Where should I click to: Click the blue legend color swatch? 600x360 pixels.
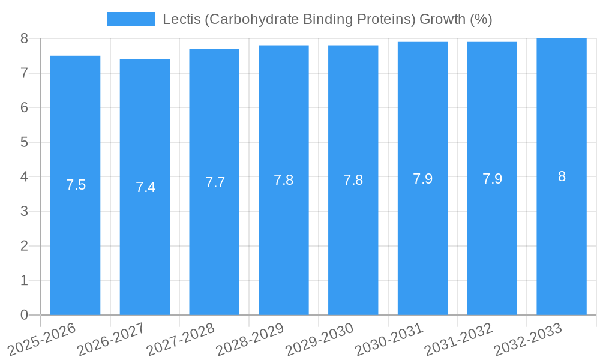pyautogui.click(x=131, y=19)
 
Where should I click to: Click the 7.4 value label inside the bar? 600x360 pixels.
pyautogui.click(x=145, y=187)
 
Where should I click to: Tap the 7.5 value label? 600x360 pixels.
pyautogui.click(x=76, y=185)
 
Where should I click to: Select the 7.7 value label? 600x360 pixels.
pyautogui.click(x=215, y=182)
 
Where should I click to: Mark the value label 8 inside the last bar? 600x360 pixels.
pyautogui.click(x=562, y=176)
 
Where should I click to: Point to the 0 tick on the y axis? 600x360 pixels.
pyautogui.click(x=24, y=315)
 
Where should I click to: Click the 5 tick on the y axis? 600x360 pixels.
pyautogui.click(x=24, y=142)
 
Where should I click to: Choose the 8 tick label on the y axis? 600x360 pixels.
pyautogui.click(x=24, y=38)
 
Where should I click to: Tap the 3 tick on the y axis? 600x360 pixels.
pyautogui.click(x=24, y=211)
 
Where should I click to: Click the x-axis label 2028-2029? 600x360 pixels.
pyautogui.click(x=250, y=340)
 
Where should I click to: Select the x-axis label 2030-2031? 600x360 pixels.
pyautogui.click(x=389, y=340)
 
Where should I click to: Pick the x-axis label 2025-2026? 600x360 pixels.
pyautogui.click(x=42, y=340)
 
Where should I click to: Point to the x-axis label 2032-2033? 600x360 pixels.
pyautogui.click(x=528, y=340)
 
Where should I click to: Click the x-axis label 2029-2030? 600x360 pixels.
pyautogui.click(x=319, y=340)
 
